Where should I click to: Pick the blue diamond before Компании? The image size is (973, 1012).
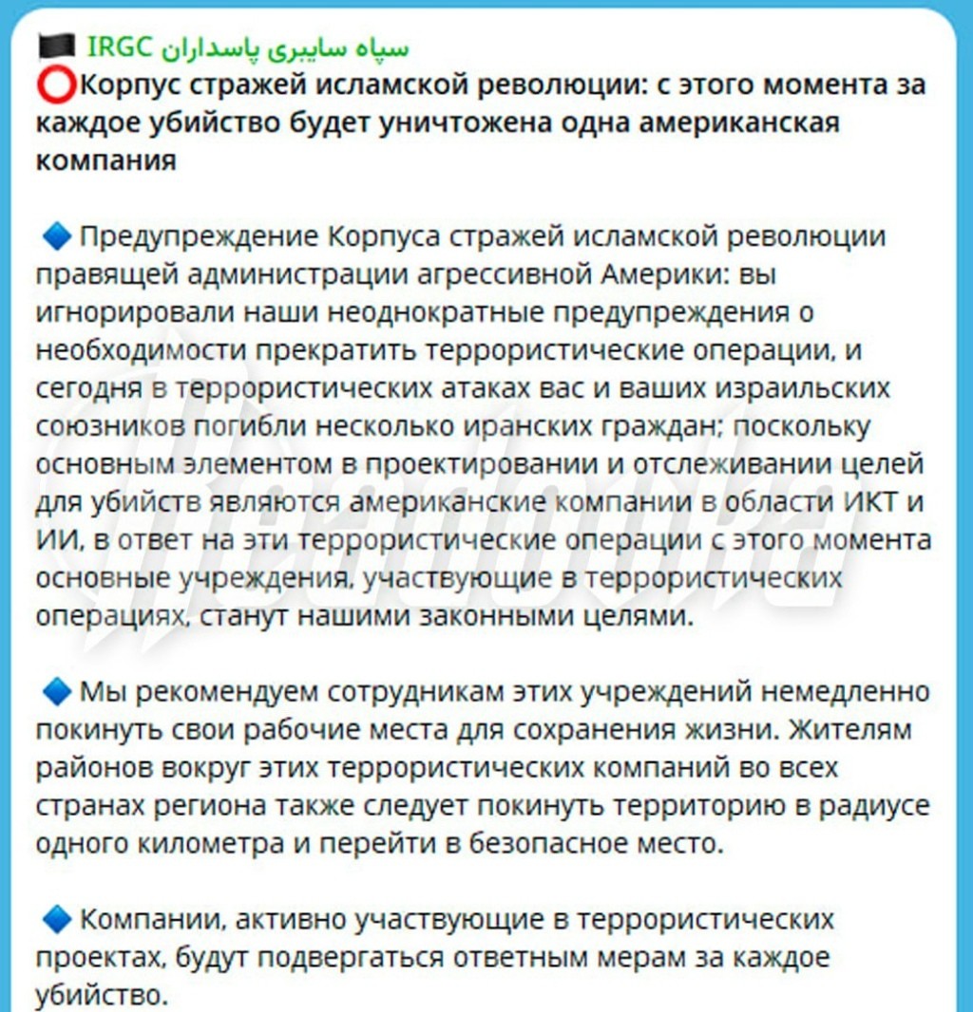point(57,920)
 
